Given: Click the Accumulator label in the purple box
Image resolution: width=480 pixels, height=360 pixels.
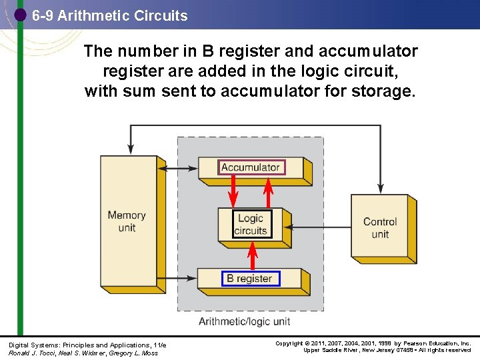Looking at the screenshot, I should click(251, 167).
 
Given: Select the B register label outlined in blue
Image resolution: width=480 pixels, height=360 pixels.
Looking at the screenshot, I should click(250, 279).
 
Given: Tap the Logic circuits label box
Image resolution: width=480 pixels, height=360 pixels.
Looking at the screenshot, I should click(251, 225).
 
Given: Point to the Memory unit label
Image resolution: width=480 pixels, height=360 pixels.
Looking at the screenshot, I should click(127, 221).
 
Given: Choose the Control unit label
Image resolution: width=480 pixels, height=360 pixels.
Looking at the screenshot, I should click(380, 228).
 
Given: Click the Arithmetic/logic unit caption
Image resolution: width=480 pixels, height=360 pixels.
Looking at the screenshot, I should click(245, 321).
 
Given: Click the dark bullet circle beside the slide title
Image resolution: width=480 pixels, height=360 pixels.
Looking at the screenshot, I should click(21, 15).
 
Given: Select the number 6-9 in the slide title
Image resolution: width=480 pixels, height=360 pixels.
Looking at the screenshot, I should click(43, 15).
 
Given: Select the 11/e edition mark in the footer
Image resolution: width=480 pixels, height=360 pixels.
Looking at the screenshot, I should click(158, 344).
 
